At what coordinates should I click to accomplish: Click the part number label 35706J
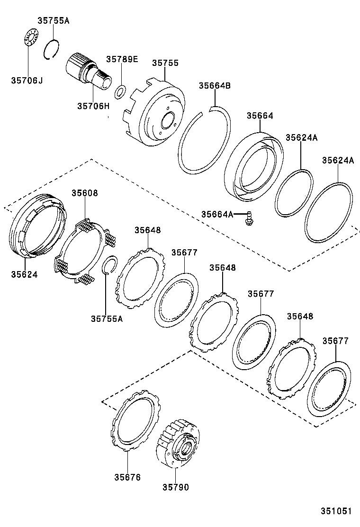(x=27, y=81)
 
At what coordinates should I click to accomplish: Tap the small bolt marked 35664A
(x=248, y=218)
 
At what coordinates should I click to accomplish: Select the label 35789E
(x=122, y=59)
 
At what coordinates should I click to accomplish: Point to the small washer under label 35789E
(x=121, y=90)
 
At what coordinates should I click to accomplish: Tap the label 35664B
(x=215, y=86)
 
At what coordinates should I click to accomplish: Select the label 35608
(x=85, y=193)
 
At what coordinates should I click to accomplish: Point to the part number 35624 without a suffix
(x=24, y=274)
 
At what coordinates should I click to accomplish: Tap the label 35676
(x=127, y=477)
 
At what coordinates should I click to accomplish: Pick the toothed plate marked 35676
(x=135, y=419)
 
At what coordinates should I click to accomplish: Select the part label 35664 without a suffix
(x=260, y=116)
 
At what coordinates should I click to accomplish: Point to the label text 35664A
(x=217, y=215)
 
